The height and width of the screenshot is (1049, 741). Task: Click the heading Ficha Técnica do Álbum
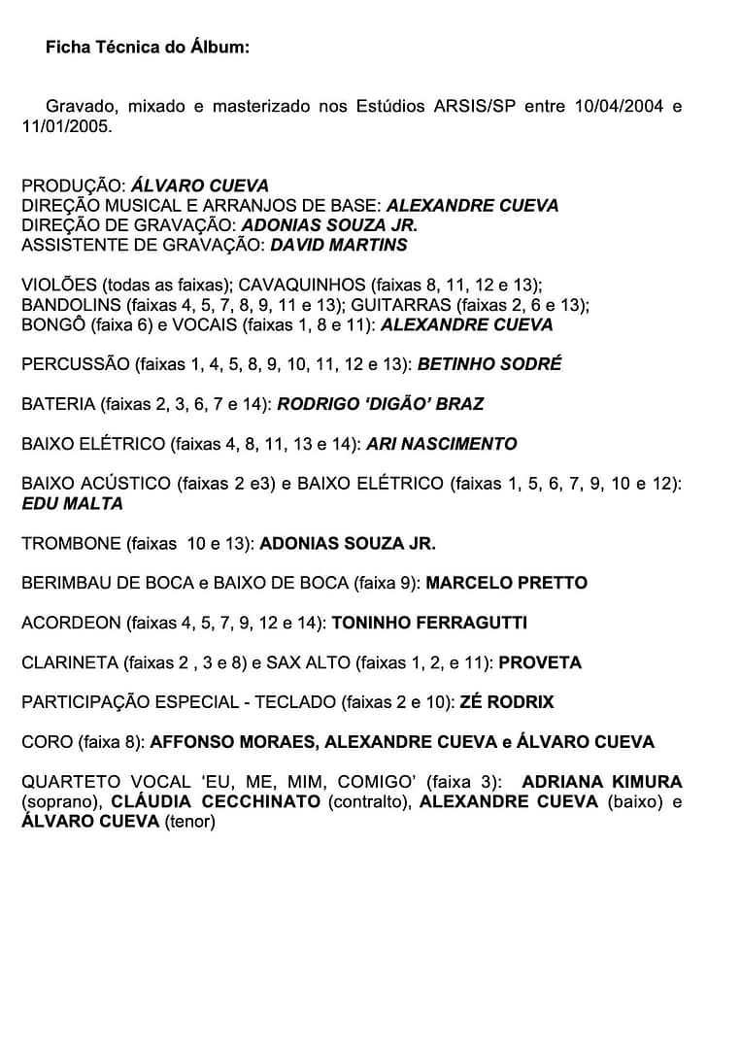click(147, 48)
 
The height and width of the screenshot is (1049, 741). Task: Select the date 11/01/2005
click(67, 126)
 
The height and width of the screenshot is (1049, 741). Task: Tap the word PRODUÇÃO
click(73, 186)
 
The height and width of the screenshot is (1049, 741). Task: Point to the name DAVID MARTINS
click(338, 245)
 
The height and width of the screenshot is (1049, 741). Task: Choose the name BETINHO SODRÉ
click(489, 364)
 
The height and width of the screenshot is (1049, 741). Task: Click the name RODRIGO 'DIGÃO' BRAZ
click(380, 404)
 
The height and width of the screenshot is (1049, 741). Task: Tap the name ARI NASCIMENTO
click(441, 444)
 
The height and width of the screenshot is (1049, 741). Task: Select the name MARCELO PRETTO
click(506, 583)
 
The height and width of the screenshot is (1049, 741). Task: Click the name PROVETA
click(540, 662)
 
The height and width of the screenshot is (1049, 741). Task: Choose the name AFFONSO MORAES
click(232, 742)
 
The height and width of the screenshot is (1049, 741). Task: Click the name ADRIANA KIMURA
click(602, 782)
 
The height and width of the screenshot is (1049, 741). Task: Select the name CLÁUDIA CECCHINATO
click(215, 801)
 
